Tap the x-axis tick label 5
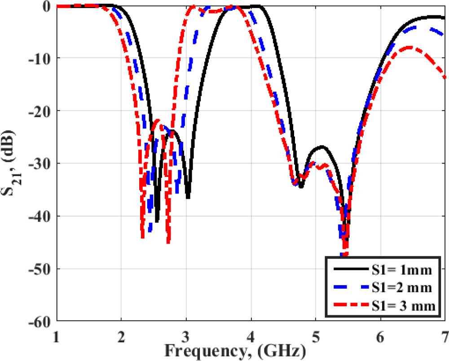tap(316, 335)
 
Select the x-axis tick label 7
tap(445, 335)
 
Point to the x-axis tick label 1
tap(57, 335)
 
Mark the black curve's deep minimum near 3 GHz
tap(188, 198)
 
